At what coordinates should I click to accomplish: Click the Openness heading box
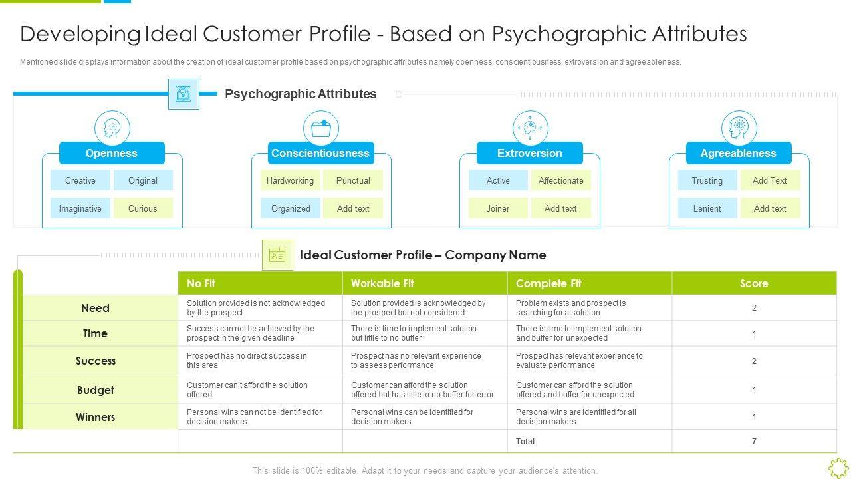[x=112, y=153]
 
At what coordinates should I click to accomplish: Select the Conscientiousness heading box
[x=320, y=153]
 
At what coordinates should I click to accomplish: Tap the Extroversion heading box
[x=530, y=153]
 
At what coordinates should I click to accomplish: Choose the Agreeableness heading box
[x=739, y=153]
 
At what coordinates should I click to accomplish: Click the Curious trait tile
[x=143, y=208]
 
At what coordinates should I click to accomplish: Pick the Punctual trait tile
[x=353, y=180]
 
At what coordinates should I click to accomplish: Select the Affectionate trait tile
[x=560, y=180]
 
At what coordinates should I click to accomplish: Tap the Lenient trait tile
[x=707, y=208]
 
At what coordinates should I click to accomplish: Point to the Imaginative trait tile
[x=80, y=208]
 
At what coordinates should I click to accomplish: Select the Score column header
[x=754, y=283]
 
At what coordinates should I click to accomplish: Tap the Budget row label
[x=96, y=390]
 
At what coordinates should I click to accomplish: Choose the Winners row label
[x=96, y=417]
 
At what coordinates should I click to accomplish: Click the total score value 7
[x=754, y=441]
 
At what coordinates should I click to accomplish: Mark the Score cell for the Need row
[x=754, y=308]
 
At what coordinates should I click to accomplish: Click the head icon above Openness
[x=112, y=128]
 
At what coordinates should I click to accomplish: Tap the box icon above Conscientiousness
[x=321, y=128]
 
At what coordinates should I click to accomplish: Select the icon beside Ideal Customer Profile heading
[x=277, y=255]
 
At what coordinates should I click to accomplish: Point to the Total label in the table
[x=525, y=441]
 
